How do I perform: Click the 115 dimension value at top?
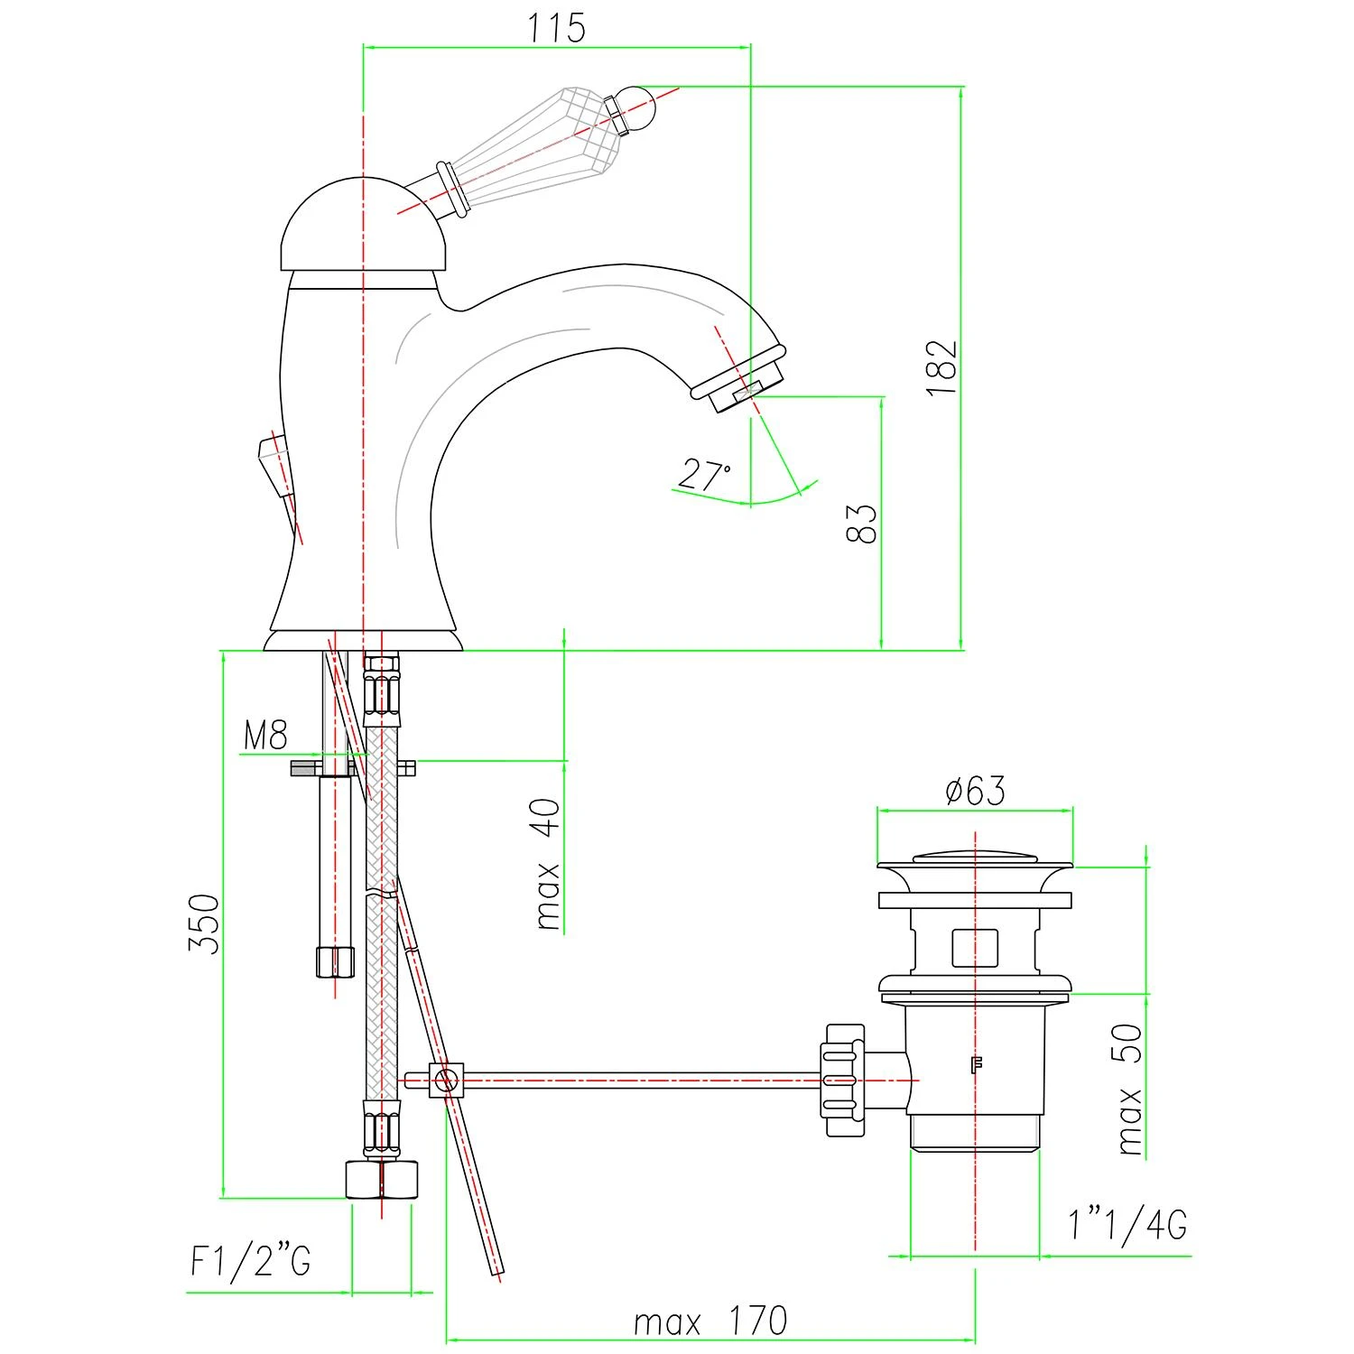point(557,27)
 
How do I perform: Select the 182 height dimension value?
point(941,367)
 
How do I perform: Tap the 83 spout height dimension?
point(862,524)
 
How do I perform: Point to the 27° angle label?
point(706,475)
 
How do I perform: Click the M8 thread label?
point(265,736)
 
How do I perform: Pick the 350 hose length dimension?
point(204,923)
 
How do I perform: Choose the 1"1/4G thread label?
point(1127,1225)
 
